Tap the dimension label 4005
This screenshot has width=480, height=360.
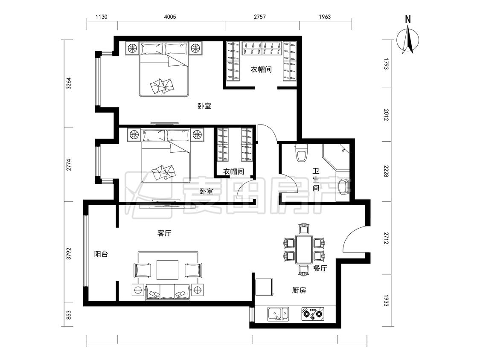[170, 17]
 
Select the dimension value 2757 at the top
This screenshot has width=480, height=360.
[259, 17]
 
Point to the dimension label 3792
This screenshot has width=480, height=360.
[69, 254]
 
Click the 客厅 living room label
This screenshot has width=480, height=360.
[164, 233]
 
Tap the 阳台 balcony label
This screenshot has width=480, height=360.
[101, 254]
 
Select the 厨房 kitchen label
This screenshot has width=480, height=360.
[299, 290]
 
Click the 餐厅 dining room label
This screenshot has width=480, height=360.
[320, 268]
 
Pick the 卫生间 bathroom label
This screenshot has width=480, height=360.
[316, 180]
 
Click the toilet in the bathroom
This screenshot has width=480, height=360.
[302, 152]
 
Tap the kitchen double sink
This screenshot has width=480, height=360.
[278, 314]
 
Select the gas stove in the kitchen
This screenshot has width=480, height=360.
[313, 314]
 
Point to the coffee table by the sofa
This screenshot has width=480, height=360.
[167, 270]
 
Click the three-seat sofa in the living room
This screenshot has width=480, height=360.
[168, 292]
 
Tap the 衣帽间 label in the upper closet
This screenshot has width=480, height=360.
[261, 70]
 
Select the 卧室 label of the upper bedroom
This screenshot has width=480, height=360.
[204, 106]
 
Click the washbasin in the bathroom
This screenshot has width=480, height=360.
[343, 186]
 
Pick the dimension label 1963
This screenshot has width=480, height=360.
[325, 17]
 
